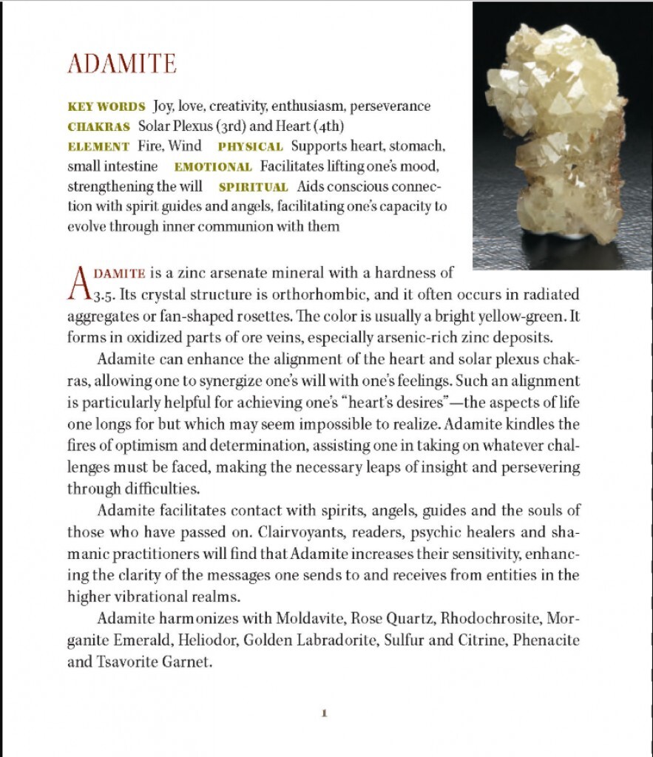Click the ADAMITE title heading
click(122, 64)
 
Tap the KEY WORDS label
click(96, 106)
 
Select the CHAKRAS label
click(98, 126)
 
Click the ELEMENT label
click(98, 146)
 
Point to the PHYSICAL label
click(250, 146)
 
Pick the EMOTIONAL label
click(213, 167)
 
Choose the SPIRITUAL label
click(253, 187)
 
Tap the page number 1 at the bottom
click(324, 713)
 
